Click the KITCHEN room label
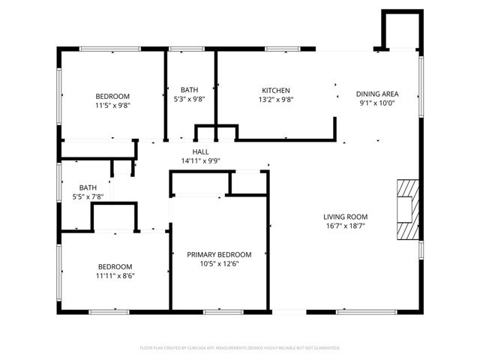pyautogui.click(x=275, y=91)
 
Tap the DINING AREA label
pyautogui.click(x=376, y=94)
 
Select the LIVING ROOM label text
pyautogui.click(x=345, y=217)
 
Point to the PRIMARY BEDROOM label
pyautogui.click(x=219, y=255)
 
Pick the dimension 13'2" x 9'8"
pyautogui.click(x=275, y=100)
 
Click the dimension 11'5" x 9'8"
pyautogui.click(x=112, y=106)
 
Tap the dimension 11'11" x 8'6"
pyautogui.click(x=115, y=275)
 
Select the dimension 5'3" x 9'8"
pyautogui.click(x=189, y=99)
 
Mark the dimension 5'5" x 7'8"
pyautogui.click(x=88, y=196)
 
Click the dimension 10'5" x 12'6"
pyautogui.click(x=219, y=264)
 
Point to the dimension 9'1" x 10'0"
pyautogui.click(x=376, y=103)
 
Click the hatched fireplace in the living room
pyautogui.click(x=406, y=209)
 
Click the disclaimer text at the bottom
pyautogui.click(x=240, y=348)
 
